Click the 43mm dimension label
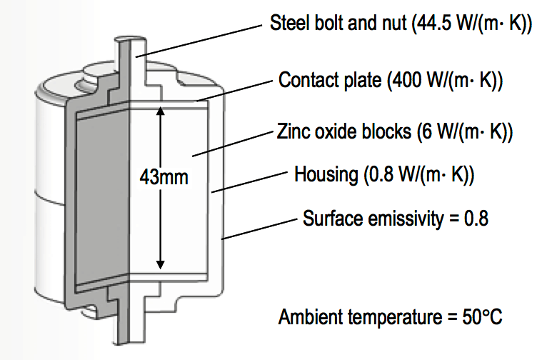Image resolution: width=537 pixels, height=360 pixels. pos(163,176)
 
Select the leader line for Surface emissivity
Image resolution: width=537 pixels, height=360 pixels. pos(260,227)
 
